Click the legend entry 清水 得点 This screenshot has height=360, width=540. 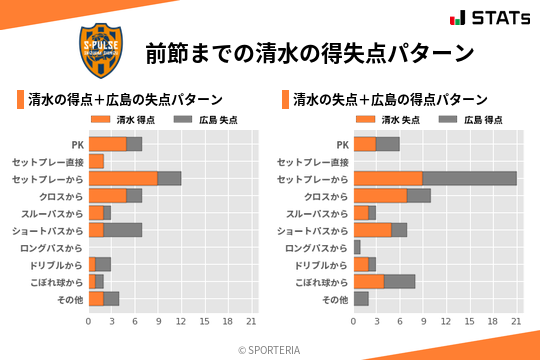[119, 119]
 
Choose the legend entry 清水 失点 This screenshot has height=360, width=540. [385, 119]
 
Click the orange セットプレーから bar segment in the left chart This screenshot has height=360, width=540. [123, 178]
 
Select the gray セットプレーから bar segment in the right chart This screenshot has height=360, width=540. [469, 178]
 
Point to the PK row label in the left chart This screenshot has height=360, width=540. [77, 144]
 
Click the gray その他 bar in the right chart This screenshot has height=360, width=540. [361, 299]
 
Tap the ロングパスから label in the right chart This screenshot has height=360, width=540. [316, 247]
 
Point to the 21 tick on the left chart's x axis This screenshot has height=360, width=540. [251, 322]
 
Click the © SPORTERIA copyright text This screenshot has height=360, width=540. [270, 349]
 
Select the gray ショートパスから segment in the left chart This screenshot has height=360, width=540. [123, 230]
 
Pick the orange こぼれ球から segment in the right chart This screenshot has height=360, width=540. [369, 281]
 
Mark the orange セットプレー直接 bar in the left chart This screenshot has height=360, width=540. [96, 161]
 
